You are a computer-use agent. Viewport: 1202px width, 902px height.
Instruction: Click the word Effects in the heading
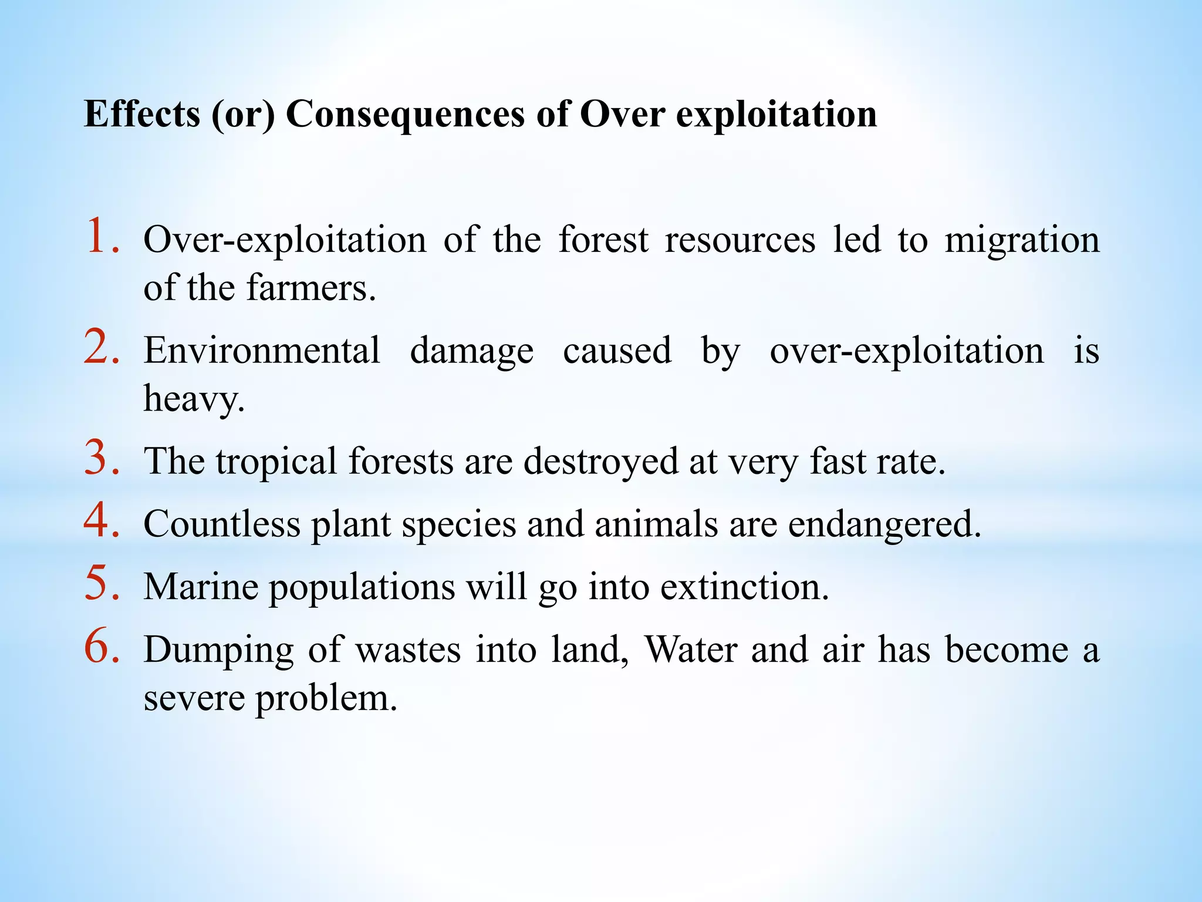[142, 113]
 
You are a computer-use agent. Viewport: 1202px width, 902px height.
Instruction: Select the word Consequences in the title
[405, 113]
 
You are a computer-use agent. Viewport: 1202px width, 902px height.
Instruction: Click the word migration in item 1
[1022, 241]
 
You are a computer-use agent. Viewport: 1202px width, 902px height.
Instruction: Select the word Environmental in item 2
[262, 351]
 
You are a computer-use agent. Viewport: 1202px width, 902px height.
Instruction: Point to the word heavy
[194, 399]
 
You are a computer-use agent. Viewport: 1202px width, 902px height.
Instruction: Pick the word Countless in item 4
[221, 523]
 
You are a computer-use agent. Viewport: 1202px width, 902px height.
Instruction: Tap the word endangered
[884, 524]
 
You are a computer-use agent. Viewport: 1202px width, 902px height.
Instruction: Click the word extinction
[744, 587]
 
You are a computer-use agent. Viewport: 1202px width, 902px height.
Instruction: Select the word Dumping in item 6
[218, 651]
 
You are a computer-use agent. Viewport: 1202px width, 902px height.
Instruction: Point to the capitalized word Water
[691, 650]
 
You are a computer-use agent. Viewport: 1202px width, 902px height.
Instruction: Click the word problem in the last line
[326, 699]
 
